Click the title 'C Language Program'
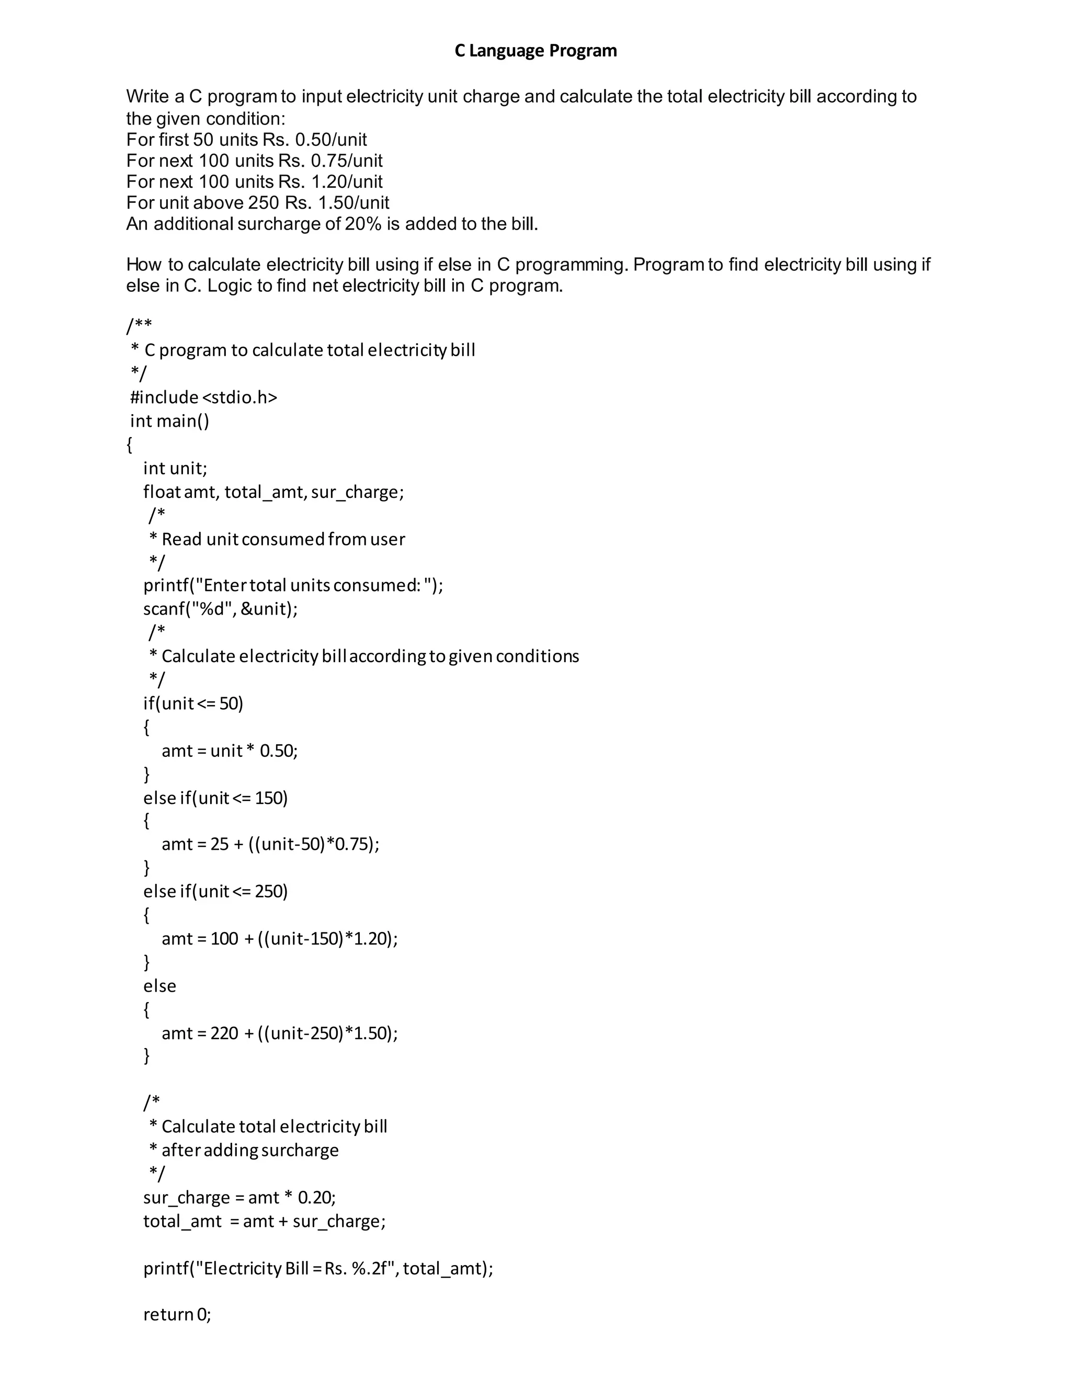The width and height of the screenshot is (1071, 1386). point(535,51)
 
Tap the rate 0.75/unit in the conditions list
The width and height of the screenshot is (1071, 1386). point(346,161)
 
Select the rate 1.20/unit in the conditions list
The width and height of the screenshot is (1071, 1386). point(346,181)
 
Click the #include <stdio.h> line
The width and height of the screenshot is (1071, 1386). point(203,397)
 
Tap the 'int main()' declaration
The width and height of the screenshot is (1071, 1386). point(169,421)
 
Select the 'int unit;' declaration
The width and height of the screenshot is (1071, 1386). point(175,468)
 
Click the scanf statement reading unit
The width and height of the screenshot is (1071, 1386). point(220,609)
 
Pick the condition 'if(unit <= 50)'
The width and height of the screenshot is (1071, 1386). point(193,703)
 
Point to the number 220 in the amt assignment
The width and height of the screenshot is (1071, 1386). point(224,1033)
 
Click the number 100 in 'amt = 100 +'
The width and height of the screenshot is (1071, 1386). point(224,939)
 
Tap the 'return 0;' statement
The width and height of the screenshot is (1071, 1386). point(177,1314)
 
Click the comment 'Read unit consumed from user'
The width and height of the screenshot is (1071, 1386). point(283,539)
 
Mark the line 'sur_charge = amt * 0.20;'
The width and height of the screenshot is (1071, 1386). point(239,1198)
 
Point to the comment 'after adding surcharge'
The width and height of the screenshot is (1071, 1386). point(250,1150)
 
